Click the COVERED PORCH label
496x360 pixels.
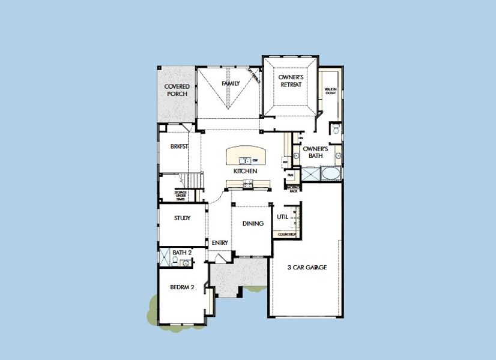(177, 90)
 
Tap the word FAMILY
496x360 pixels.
(231, 83)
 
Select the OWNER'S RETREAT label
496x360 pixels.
(291, 81)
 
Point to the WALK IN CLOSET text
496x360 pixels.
(330, 91)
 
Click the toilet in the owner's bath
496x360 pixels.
(336, 129)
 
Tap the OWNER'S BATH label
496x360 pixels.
(315, 152)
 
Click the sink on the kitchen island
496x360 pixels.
(245, 160)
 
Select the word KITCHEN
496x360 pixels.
(246, 172)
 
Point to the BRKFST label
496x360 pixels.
(180, 146)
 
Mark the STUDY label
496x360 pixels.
(182, 218)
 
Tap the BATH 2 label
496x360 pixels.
(182, 253)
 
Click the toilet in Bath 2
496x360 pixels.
(175, 261)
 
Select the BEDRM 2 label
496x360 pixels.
(182, 287)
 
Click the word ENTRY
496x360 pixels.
(220, 242)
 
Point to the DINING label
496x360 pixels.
(253, 224)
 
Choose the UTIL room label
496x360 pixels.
(282, 217)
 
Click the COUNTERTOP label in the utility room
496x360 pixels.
(288, 234)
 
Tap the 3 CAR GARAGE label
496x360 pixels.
(307, 267)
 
